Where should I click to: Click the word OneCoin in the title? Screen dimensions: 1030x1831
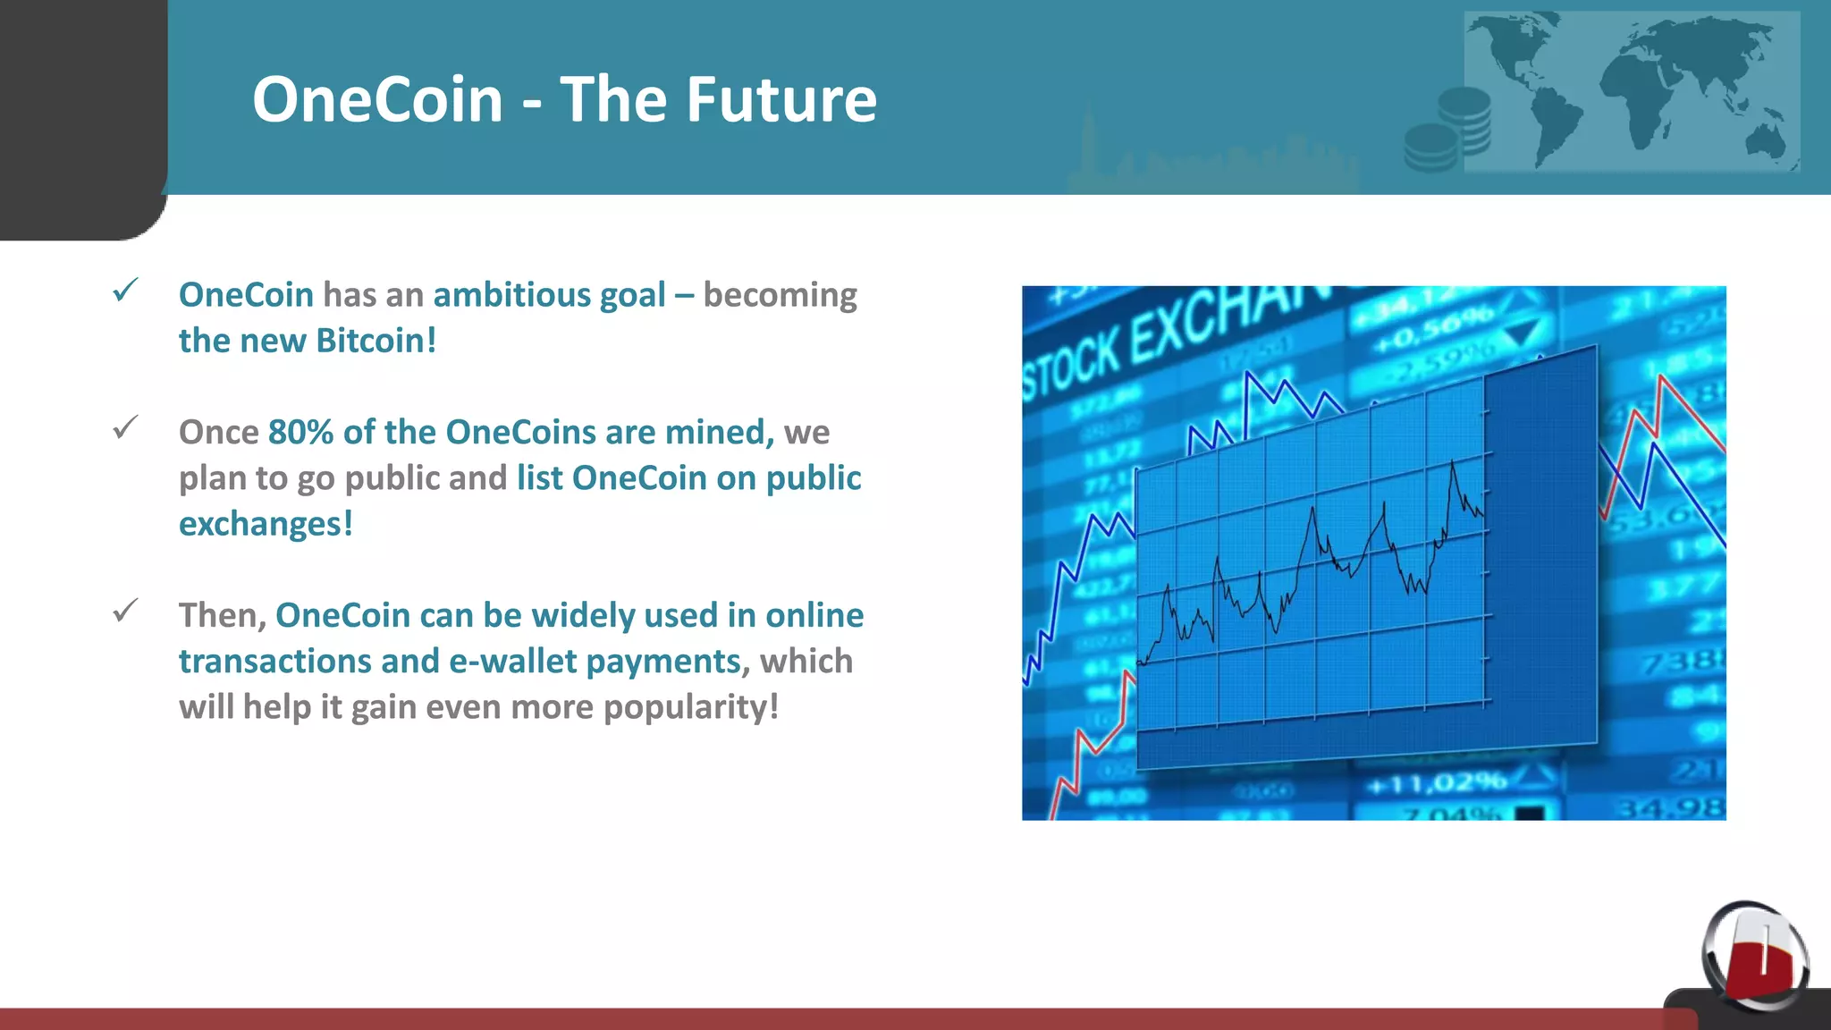(x=377, y=99)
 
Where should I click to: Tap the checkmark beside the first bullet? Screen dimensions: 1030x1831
(x=125, y=291)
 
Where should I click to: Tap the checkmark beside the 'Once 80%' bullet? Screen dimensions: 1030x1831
(x=125, y=428)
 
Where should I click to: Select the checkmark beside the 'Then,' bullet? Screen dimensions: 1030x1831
(x=125, y=612)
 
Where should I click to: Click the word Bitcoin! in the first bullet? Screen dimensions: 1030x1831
(x=375, y=341)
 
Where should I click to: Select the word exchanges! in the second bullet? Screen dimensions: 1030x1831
(x=266, y=524)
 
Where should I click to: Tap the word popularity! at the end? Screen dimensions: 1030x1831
(x=690, y=707)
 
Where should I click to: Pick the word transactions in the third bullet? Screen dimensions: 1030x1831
(x=274, y=662)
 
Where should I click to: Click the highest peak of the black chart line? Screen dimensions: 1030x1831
(x=1452, y=462)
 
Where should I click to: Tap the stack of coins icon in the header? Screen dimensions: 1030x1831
(x=1448, y=130)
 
